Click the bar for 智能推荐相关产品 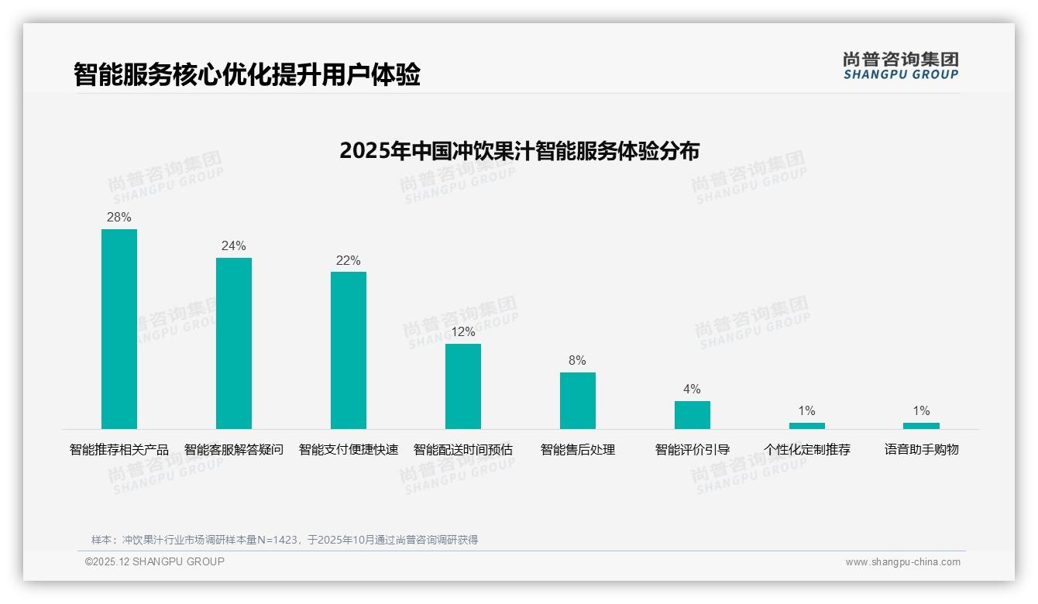(x=119, y=329)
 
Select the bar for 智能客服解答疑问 (x=234, y=343)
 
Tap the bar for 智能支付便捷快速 (x=349, y=350)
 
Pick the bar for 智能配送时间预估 (x=463, y=386)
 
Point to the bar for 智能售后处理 (x=578, y=400)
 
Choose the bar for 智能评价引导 (x=693, y=415)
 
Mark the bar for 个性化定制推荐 (x=807, y=426)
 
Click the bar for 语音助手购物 (x=921, y=426)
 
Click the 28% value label (x=119, y=218)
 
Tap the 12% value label (x=463, y=332)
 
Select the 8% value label (x=578, y=361)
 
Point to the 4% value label (x=693, y=390)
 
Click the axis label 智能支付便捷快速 (x=349, y=450)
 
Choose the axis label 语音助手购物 (x=922, y=450)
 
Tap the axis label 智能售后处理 (x=578, y=450)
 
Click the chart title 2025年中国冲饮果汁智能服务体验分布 (x=519, y=151)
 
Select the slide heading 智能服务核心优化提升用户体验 (x=247, y=75)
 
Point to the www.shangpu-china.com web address (x=902, y=562)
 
